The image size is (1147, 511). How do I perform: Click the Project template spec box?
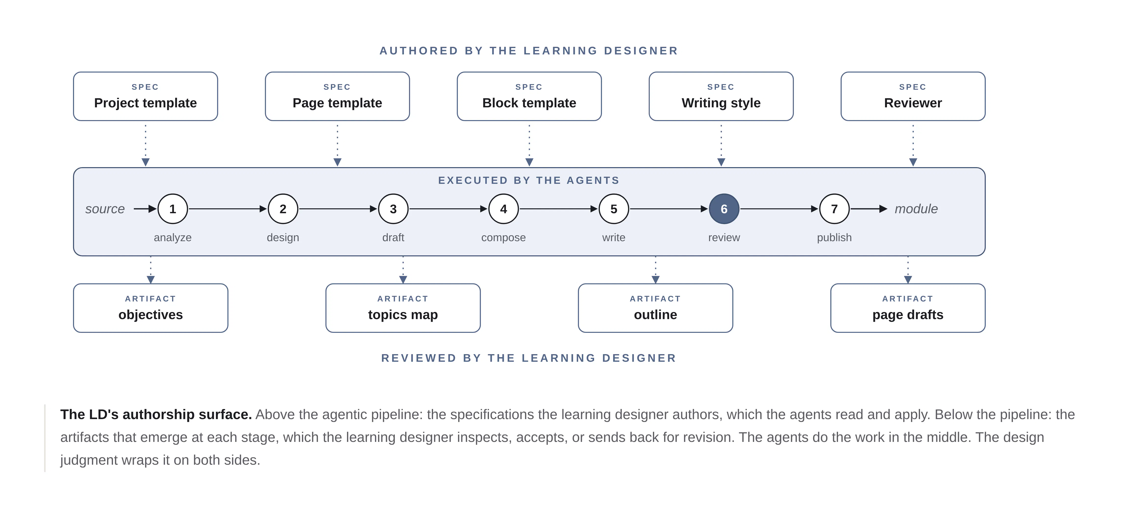point(146,96)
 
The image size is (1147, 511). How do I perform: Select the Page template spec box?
point(337,96)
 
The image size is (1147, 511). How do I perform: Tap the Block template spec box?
point(529,96)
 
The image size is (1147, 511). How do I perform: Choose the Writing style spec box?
point(721,96)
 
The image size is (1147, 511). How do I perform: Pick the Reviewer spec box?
point(913,96)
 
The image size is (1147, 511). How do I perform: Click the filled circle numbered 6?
point(724,209)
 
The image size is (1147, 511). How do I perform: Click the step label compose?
point(504,238)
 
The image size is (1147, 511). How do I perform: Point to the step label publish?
point(835,238)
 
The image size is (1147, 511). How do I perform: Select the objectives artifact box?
point(150,308)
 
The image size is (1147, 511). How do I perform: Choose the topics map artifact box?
point(403,308)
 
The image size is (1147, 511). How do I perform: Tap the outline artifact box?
point(655,308)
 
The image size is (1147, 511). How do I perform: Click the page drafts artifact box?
point(908,308)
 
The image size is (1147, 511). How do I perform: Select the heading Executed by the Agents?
point(529,180)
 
